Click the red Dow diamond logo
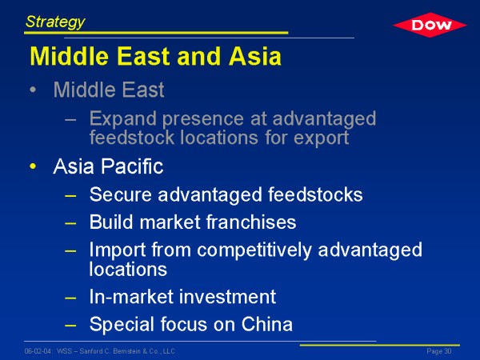pos(430,25)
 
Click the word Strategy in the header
pos(55,22)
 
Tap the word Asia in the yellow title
pos(255,56)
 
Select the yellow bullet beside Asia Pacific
pos(33,166)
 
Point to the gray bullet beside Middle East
pos(33,90)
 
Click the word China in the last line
pos(267,324)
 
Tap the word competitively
pos(254,251)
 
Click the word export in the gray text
pos(321,138)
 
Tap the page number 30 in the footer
pos(448,351)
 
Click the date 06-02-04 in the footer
pos(38,351)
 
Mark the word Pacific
pos(132,166)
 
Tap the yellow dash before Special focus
pos(70,325)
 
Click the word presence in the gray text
pos(203,119)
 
